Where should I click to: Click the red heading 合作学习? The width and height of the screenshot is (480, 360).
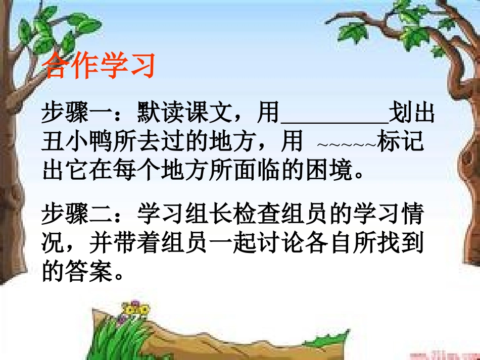(99, 66)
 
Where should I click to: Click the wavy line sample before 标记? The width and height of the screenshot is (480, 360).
(347, 145)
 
